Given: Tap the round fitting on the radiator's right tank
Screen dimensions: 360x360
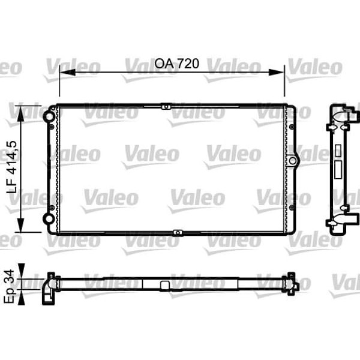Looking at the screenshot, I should pos(292,161).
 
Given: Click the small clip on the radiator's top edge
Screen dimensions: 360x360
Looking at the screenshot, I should pos(165,107).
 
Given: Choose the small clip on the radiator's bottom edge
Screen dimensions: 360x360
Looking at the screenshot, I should pos(177,232).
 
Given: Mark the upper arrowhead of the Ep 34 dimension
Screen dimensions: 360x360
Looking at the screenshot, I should pos(23,268).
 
